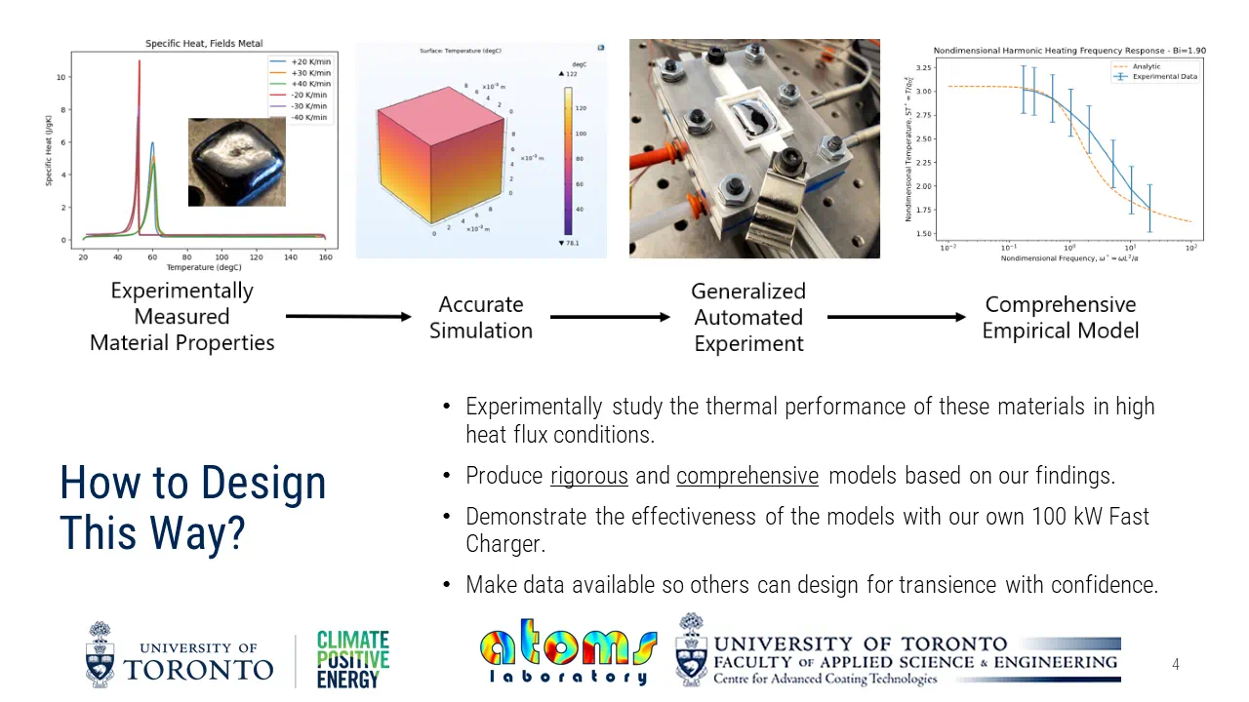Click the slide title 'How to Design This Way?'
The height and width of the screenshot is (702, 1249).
tap(192, 507)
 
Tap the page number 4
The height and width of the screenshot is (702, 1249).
tap(1175, 664)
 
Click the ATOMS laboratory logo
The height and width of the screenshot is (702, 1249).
tap(568, 650)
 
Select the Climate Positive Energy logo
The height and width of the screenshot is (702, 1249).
tap(352, 660)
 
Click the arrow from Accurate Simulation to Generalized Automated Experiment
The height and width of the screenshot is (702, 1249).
tap(610, 317)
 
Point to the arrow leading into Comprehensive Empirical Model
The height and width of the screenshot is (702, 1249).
tap(896, 317)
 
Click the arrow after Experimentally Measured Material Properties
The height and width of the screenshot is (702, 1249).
tap(348, 316)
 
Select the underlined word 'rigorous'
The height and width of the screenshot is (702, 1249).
tap(589, 476)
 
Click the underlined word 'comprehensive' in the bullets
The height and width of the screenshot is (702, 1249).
tap(747, 476)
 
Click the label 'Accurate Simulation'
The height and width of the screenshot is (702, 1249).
tap(481, 317)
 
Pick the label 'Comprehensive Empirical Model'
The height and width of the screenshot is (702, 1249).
tap(1060, 317)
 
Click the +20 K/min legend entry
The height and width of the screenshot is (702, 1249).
tap(311, 61)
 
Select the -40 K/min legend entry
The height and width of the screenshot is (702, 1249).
tap(311, 117)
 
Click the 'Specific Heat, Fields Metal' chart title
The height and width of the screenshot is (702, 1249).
tap(204, 44)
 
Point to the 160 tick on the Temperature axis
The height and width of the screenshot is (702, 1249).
tap(325, 257)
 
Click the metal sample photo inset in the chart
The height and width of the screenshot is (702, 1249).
tap(237, 162)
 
